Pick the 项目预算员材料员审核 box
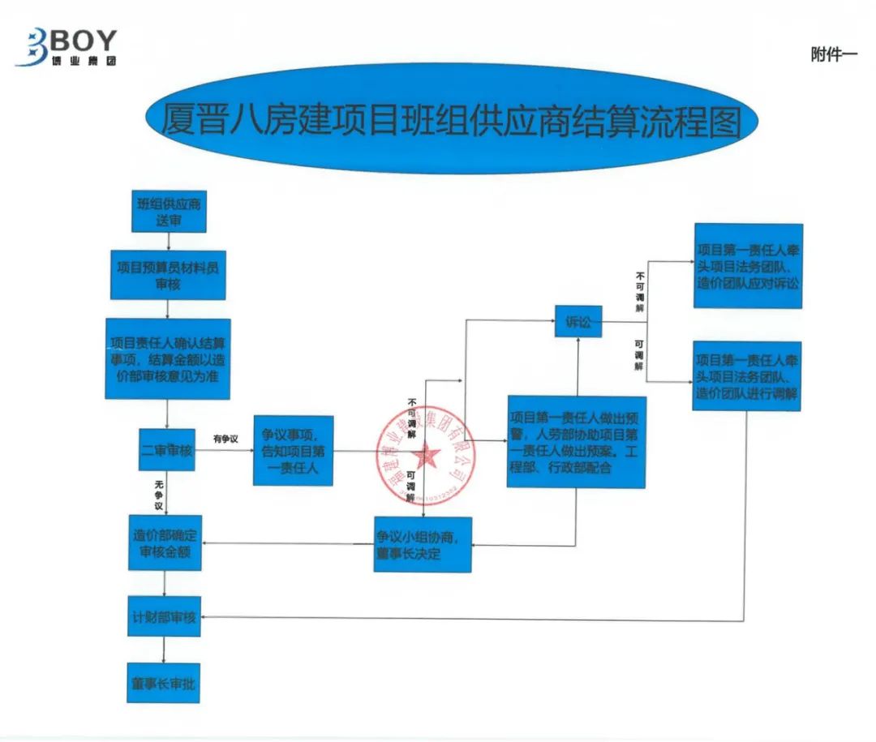click(x=167, y=276)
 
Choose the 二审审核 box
click(x=166, y=450)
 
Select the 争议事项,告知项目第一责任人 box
click(x=293, y=451)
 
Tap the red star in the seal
click(x=427, y=457)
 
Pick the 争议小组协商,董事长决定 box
click(x=423, y=544)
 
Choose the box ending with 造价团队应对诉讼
click(x=748, y=266)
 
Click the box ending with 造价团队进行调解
click(x=747, y=375)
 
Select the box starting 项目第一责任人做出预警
click(x=576, y=442)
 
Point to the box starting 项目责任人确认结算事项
click(x=167, y=357)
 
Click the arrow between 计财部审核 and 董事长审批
click(x=165, y=650)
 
